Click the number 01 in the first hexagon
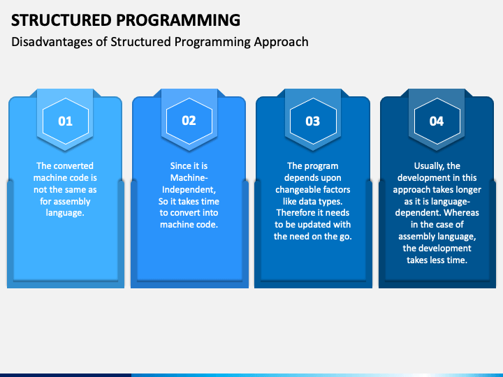coord(66,121)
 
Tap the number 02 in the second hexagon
coord(189,121)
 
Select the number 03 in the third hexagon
coord(313,121)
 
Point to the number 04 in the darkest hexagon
coord(437,121)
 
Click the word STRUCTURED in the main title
coord(61,20)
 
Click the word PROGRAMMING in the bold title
coord(178,20)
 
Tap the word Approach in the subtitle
coord(282,43)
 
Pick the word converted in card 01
coord(73,165)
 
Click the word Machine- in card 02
coord(189,177)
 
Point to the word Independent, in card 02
coord(189,190)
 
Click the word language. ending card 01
coord(65,213)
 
